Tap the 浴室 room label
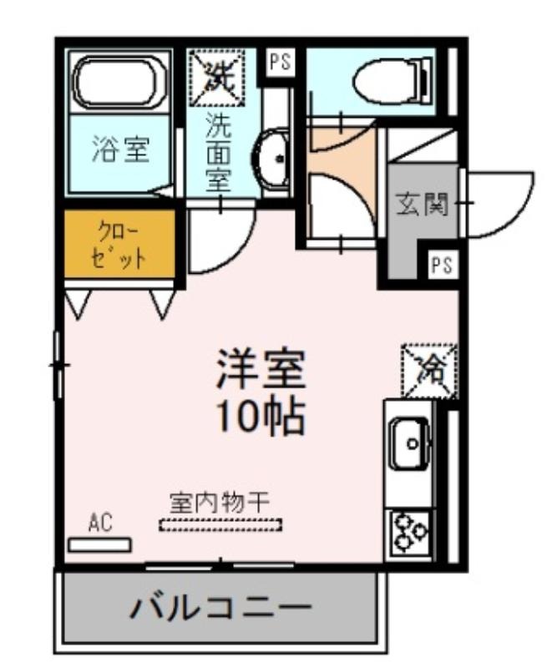[120, 149]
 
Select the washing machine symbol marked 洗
[218, 78]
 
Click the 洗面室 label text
[218, 152]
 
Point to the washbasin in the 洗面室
[272, 159]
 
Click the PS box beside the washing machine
[280, 62]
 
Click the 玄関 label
[423, 204]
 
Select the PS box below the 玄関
[442, 266]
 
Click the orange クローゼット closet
[119, 244]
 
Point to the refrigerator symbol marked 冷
[429, 371]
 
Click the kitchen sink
[410, 443]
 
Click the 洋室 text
[261, 369]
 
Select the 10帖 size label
[261, 416]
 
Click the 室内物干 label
[220, 503]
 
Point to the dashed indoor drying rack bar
[220, 524]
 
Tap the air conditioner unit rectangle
[100, 546]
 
